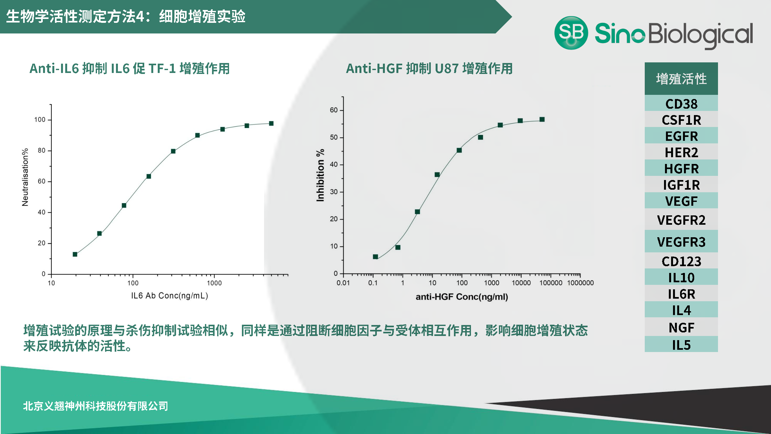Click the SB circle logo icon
click(x=571, y=33)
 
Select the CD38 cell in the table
click(x=681, y=104)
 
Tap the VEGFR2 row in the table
click(x=681, y=220)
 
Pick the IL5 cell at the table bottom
click(x=681, y=345)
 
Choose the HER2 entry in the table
click(x=681, y=152)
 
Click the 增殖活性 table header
click(x=681, y=79)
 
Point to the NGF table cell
click(x=681, y=328)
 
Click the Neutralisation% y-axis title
click(x=25, y=177)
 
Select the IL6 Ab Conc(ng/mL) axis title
click(x=169, y=295)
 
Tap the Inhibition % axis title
click(x=320, y=175)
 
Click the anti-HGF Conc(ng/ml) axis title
click(x=462, y=297)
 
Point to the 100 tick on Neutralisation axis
click(x=40, y=120)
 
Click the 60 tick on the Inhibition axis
click(x=334, y=110)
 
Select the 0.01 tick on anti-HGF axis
click(x=343, y=283)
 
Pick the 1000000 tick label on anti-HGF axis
click(x=580, y=283)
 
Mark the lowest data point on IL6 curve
click(x=75, y=254)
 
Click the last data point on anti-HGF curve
click(x=542, y=119)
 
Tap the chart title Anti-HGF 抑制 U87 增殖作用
click(x=429, y=68)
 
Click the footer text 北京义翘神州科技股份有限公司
click(x=95, y=406)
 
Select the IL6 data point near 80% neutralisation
click(x=173, y=151)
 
